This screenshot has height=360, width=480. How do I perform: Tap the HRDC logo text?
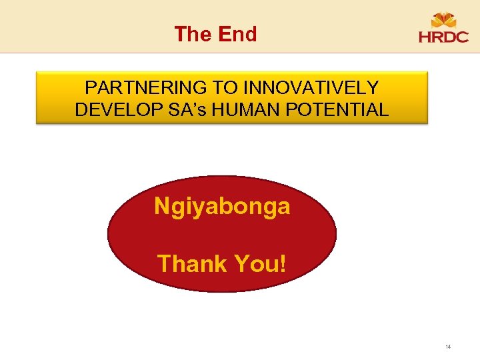click(443, 38)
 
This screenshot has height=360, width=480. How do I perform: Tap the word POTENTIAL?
click(339, 110)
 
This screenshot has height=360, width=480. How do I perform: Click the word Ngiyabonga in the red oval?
click(222, 207)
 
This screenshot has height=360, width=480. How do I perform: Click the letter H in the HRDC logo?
click(425, 38)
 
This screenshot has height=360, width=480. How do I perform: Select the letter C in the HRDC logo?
click(462, 38)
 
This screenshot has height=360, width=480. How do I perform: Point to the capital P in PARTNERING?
click(91, 88)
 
